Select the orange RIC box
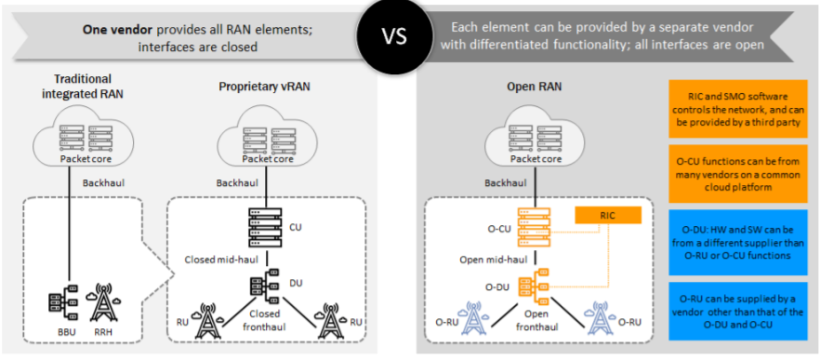(x=607, y=216)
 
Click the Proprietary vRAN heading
(x=264, y=86)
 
